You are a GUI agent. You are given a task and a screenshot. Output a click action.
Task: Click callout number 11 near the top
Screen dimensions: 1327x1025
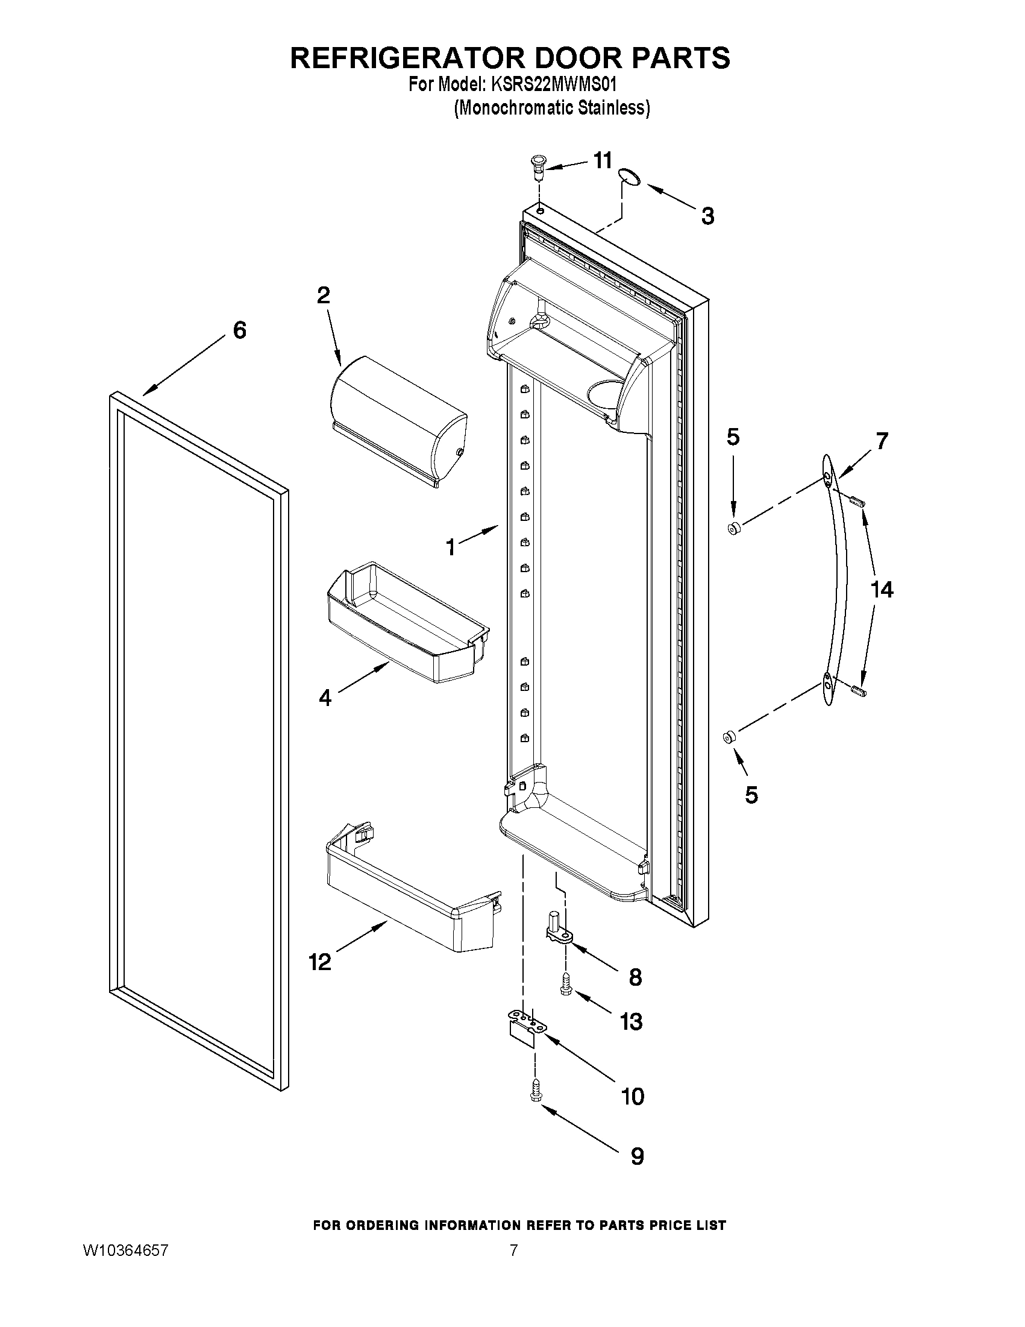603,161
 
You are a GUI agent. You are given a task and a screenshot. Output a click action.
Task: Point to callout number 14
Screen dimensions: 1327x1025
882,589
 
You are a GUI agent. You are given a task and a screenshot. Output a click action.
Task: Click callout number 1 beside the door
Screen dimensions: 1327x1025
450,548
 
